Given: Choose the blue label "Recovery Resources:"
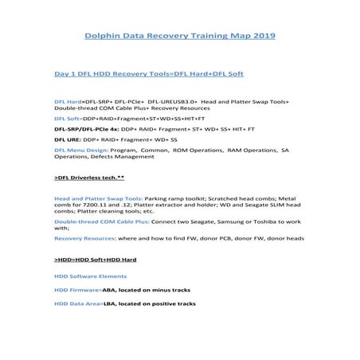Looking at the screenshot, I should tap(84, 237).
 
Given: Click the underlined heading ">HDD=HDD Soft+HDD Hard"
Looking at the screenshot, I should tap(96, 260).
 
